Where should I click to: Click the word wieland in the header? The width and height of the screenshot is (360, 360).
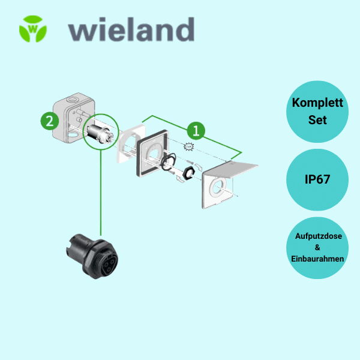131,29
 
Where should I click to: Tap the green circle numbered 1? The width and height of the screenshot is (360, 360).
195,130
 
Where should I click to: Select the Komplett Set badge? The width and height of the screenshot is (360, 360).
317,111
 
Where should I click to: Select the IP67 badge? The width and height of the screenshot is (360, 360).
317,179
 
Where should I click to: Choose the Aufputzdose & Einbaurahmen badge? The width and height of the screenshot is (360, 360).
317,247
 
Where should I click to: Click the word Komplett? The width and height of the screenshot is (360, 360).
317,103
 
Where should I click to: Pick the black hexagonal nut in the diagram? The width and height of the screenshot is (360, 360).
188,173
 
